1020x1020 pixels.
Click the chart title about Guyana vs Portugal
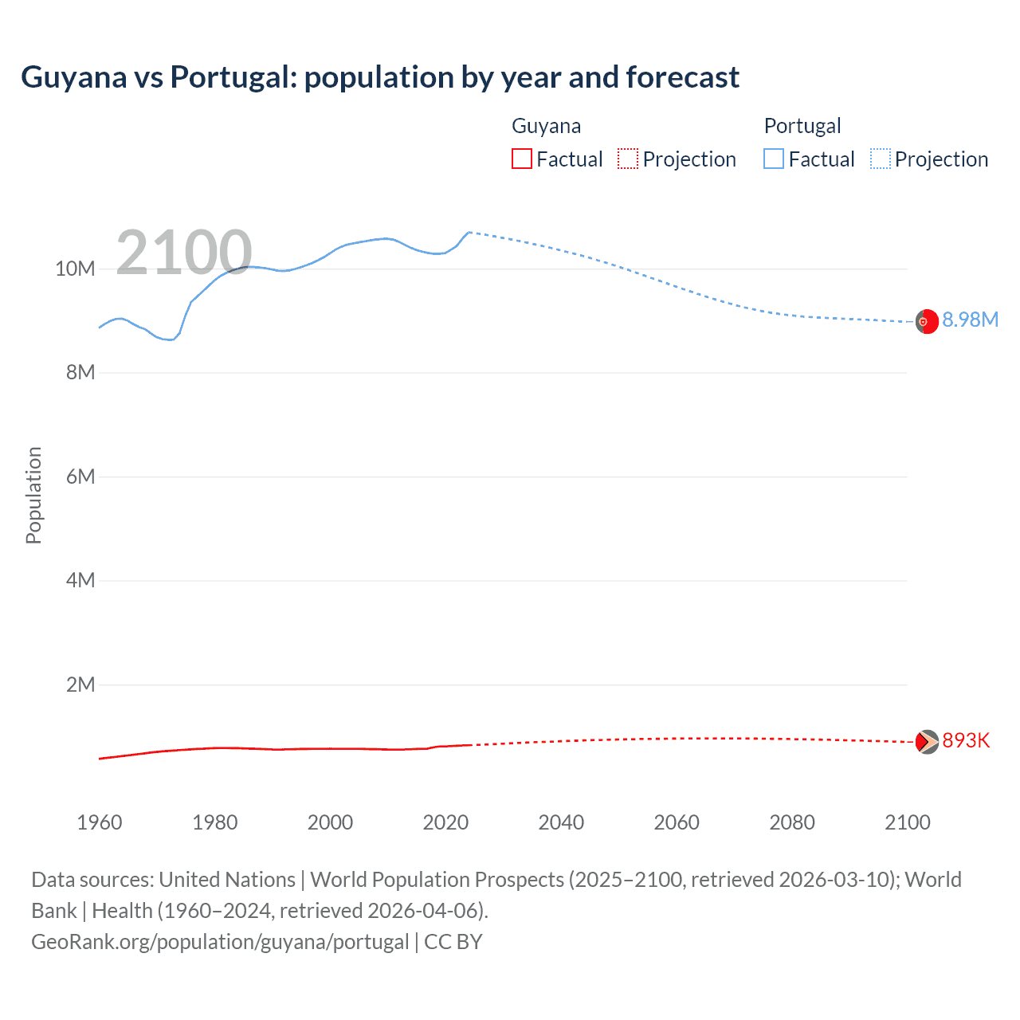380,77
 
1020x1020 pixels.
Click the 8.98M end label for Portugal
970,320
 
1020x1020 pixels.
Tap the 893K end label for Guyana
966,740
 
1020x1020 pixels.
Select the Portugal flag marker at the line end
927,321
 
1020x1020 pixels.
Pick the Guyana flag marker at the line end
927,741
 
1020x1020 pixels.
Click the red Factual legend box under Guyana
522,159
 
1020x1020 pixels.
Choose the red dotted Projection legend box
628,159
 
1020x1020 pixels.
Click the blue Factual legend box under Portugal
774,159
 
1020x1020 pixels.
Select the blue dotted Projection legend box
881,159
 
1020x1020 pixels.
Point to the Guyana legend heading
546,126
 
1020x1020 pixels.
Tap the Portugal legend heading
802,126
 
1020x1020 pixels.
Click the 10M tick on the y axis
75,269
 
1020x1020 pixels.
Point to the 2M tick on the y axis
80,685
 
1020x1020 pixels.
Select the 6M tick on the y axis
80,477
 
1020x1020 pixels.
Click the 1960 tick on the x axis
100,822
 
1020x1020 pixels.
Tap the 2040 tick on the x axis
561,822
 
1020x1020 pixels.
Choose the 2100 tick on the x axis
907,822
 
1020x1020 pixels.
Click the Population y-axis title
33,495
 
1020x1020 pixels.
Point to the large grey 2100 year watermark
184,253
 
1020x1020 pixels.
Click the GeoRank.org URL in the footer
220,942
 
